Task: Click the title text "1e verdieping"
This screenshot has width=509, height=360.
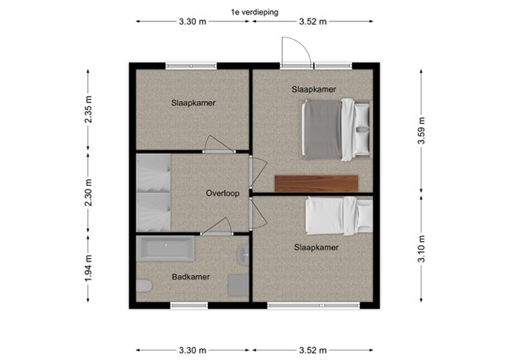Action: coord(254,12)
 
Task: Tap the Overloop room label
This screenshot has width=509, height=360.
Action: coord(222,193)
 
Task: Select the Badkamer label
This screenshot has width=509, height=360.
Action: coord(190,276)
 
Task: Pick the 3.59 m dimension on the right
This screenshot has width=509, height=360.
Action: coord(421,131)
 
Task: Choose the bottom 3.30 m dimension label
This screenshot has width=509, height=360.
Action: coord(193,350)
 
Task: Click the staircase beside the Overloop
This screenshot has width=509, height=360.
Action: coord(154,193)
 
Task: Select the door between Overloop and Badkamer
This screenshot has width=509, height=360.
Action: coord(216,228)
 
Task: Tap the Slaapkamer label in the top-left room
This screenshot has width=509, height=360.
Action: coord(193,103)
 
